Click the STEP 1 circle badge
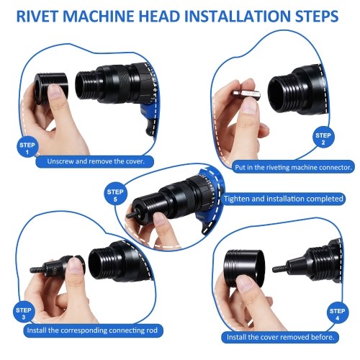(27, 148)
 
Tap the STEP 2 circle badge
(323, 139)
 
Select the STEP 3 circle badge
(24, 313)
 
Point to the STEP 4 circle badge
(338, 315)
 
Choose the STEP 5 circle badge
(115, 195)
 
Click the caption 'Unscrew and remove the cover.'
(96, 161)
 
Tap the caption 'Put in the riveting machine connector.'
(293, 167)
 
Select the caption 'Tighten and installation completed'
(284, 199)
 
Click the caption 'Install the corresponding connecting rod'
(92, 330)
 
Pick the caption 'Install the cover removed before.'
(281, 337)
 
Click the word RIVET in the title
(37, 17)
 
